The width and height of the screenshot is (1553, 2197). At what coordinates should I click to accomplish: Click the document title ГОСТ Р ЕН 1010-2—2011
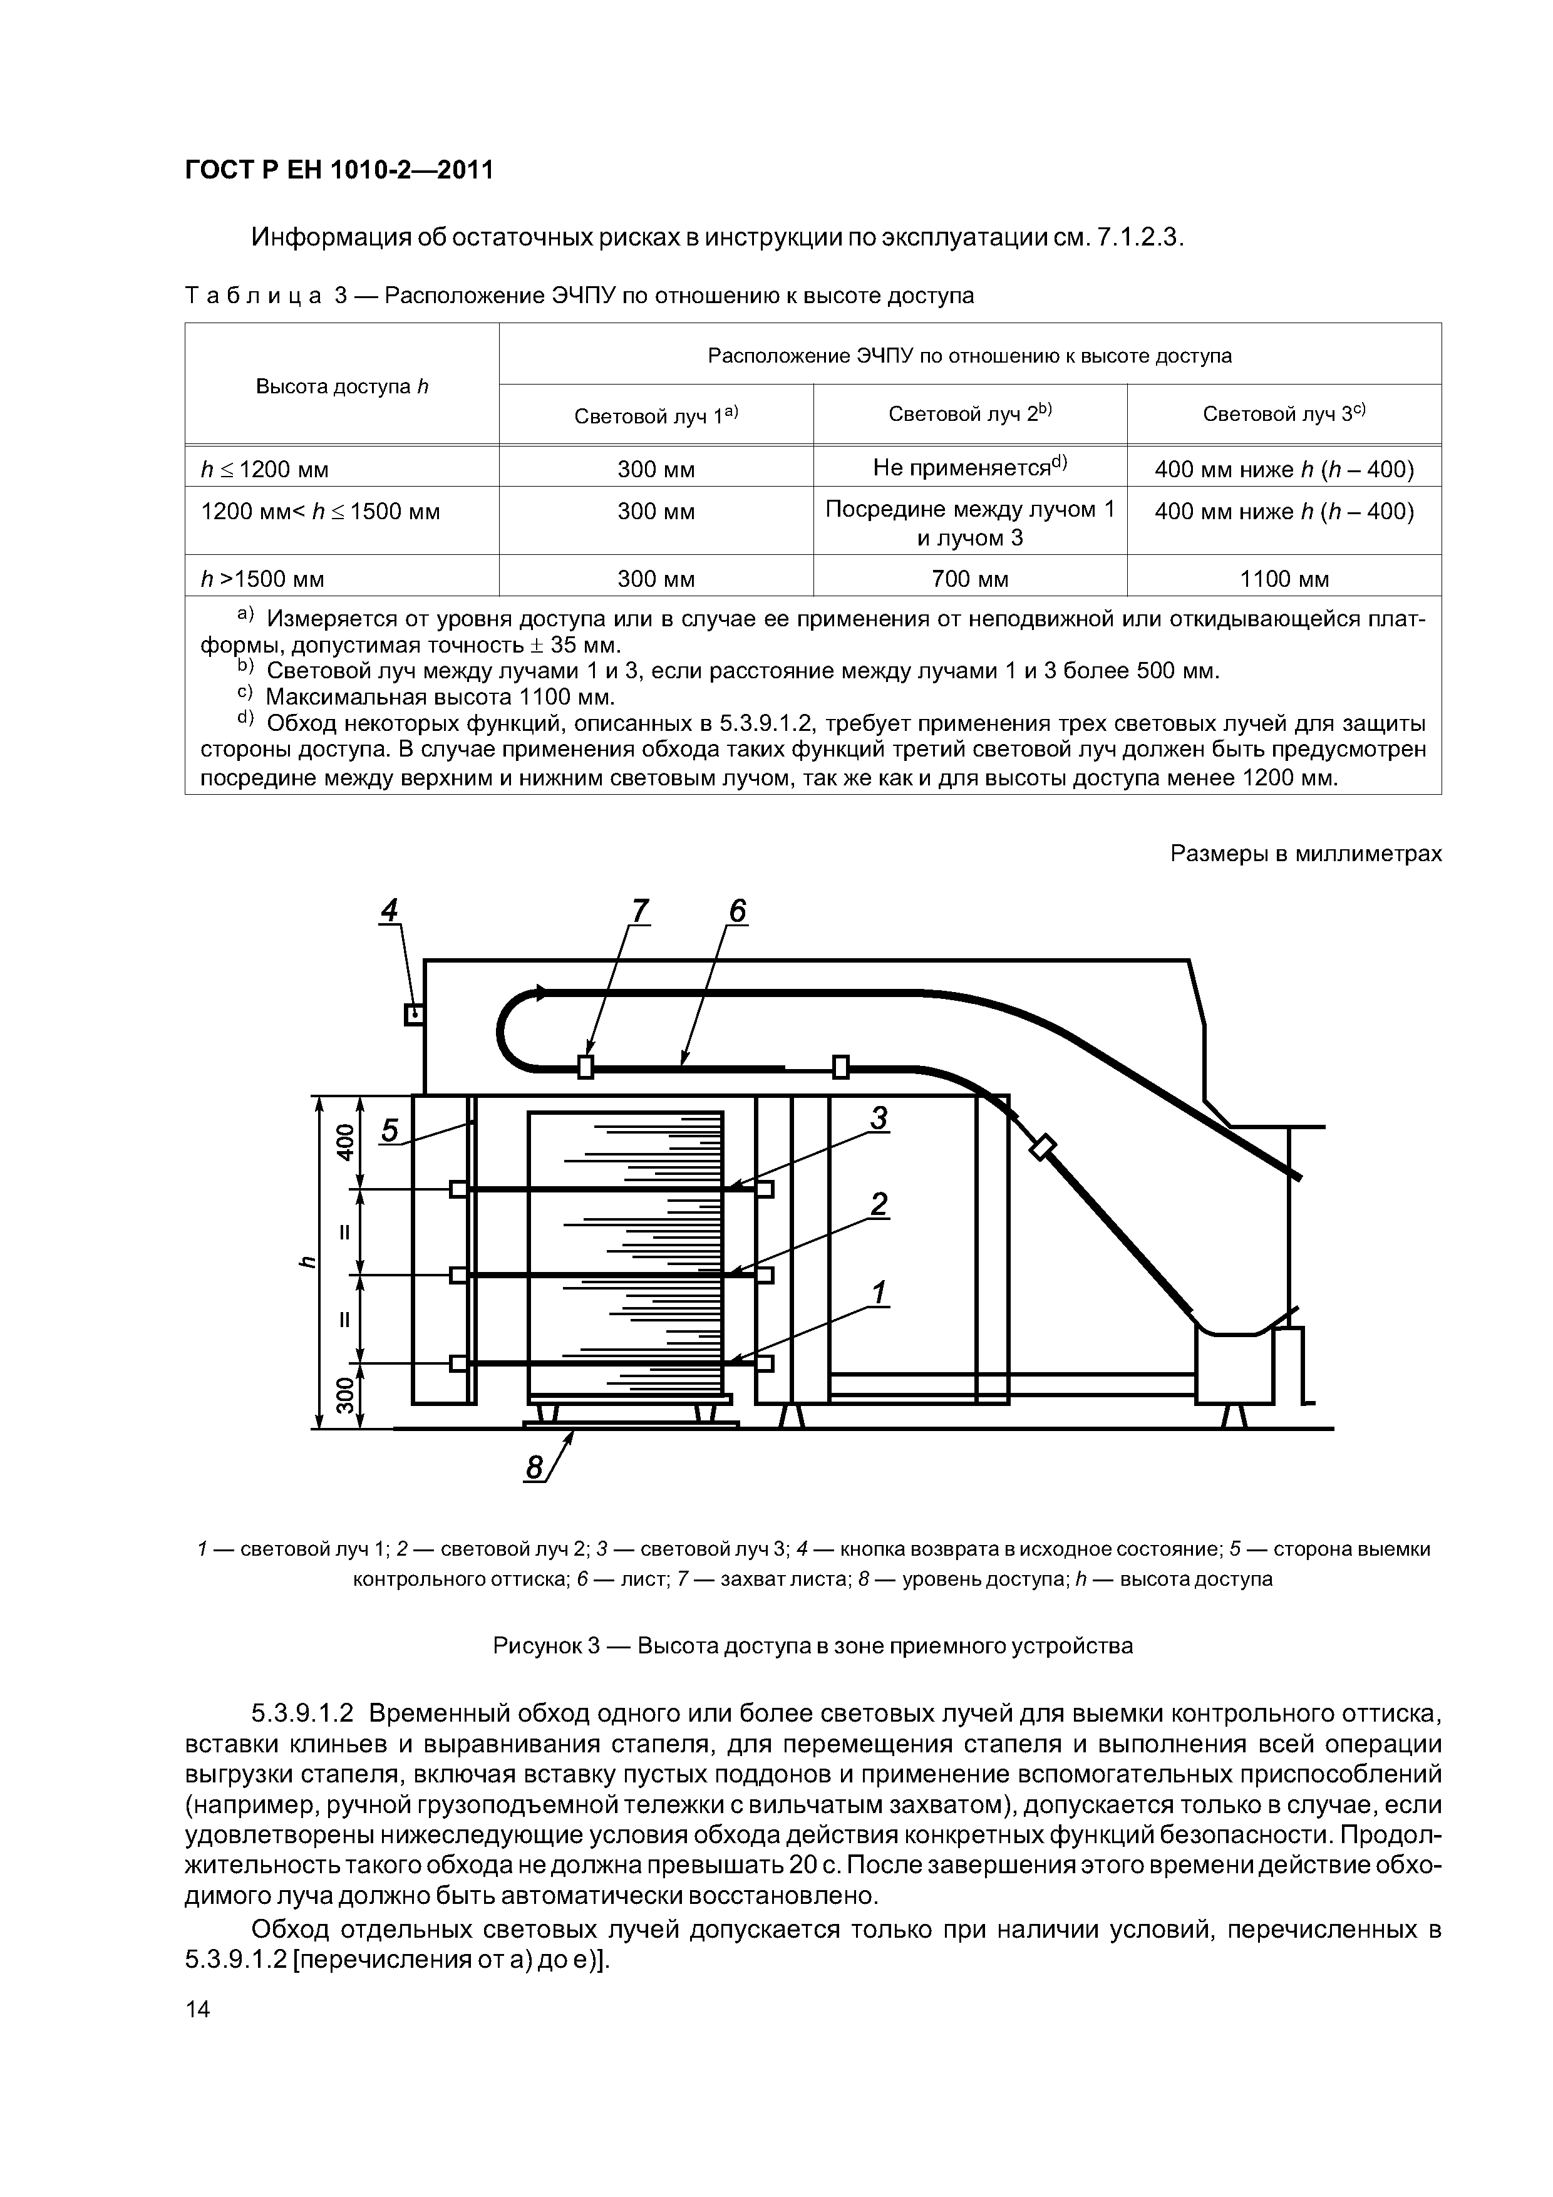[339, 170]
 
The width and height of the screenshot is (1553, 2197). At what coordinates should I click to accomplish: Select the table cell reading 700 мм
[969, 579]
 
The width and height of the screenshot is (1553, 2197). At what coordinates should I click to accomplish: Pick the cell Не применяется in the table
[969, 468]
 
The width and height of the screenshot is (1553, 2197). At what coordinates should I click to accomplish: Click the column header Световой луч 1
[656, 415]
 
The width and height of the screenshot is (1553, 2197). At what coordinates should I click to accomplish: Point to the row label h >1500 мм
[263, 579]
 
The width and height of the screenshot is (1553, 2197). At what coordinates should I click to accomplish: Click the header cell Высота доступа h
[342, 386]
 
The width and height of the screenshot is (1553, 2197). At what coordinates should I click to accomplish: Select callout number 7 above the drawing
[639, 911]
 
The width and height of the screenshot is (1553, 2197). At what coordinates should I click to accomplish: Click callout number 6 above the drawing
[737, 911]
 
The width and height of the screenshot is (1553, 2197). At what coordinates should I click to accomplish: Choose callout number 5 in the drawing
[390, 1131]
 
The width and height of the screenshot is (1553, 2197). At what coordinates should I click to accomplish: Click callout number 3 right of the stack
[879, 1118]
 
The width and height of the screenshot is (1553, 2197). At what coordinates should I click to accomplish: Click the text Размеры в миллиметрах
[1305, 854]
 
